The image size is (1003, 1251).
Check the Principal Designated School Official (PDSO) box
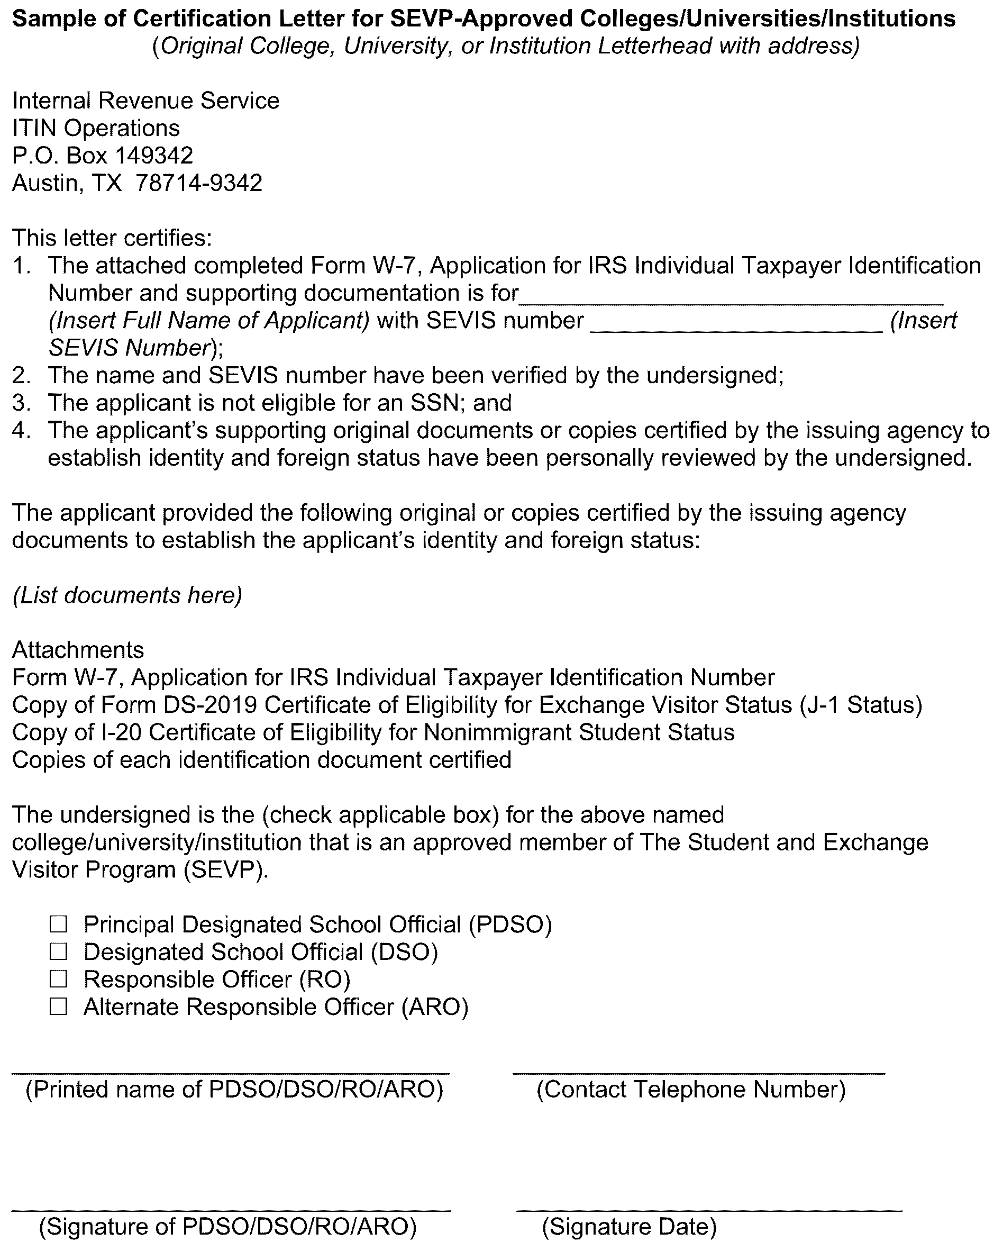pos(59,924)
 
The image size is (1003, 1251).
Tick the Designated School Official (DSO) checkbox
pos(59,951)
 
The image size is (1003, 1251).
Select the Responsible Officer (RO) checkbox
pos(59,980)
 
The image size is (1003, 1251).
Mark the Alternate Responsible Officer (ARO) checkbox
pos(59,1007)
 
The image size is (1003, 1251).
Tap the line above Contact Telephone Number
pos(698,1073)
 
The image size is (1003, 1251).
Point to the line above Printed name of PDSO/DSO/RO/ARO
pos(231,1073)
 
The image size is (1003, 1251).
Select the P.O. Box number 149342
pos(154,156)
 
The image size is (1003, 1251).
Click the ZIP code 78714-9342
pos(199,183)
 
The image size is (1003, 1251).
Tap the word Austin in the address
pos(44,183)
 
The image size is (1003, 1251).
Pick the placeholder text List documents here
pos(127,595)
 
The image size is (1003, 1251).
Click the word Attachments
pos(78,650)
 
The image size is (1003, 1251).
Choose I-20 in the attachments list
pos(121,733)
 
